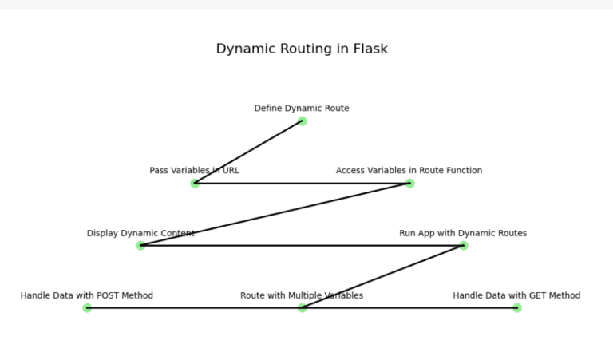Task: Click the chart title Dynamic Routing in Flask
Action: (302, 49)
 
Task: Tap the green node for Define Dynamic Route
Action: (302, 121)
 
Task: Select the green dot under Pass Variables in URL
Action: (195, 184)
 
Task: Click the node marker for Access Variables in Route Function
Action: (409, 184)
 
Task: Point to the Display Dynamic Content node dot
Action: (141, 246)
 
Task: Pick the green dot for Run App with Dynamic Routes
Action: (463, 246)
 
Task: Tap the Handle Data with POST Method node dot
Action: (87, 308)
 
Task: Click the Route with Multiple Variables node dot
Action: (302, 308)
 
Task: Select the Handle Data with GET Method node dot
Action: (517, 308)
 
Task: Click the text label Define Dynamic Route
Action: (302, 109)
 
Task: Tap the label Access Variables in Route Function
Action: (409, 171)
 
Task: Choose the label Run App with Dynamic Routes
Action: (463, 233)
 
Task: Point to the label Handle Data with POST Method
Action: (87, 295)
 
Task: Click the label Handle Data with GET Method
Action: (516, 295)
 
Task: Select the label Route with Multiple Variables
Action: (302, 295)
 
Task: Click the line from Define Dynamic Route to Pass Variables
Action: (248, 152)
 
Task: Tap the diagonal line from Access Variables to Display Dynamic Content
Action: (275, 215)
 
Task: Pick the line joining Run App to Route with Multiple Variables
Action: (382, 277)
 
